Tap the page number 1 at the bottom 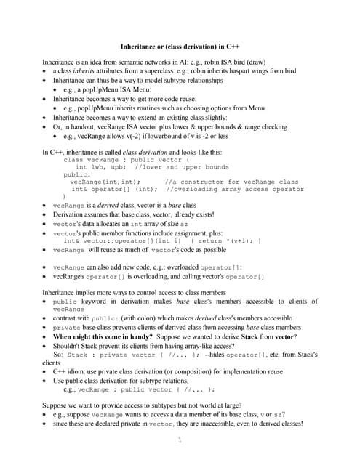click(179, 440)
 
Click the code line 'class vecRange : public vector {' click(127, 159)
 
